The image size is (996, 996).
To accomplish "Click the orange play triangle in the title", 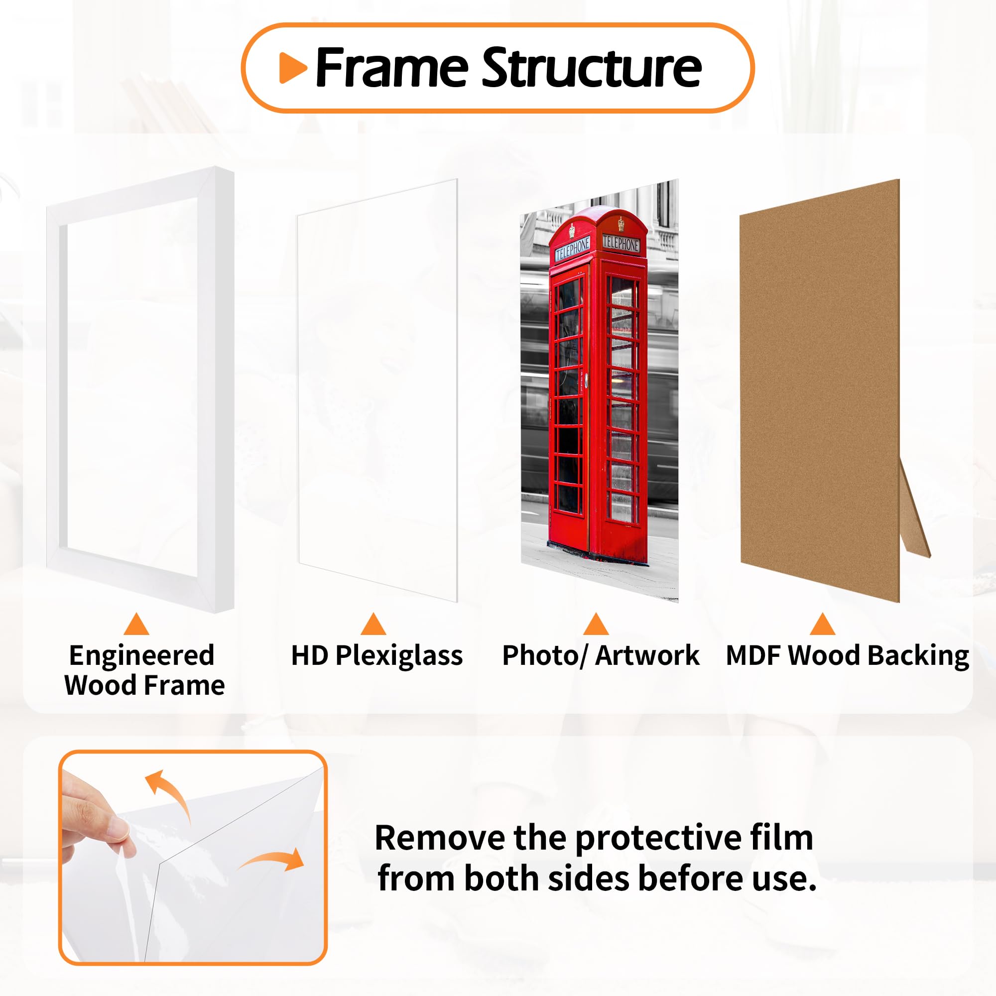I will point(292,68).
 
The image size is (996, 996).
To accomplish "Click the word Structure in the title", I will point(591,68).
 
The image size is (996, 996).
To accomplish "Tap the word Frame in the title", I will point(392,68).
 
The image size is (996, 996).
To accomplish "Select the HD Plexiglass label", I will point(377,656).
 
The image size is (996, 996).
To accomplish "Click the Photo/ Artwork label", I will point(601,656).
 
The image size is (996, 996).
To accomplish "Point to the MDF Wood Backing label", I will point(847,656).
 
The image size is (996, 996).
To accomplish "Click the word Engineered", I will point(142,656).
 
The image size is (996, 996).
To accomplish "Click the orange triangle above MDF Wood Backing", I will point(822,625).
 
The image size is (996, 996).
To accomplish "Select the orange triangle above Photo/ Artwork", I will point(596,625).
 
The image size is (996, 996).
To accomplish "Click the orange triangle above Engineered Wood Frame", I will point(136,625).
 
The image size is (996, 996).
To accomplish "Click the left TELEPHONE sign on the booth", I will point(572,249).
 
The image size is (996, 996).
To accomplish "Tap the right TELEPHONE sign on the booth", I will point(621,244).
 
